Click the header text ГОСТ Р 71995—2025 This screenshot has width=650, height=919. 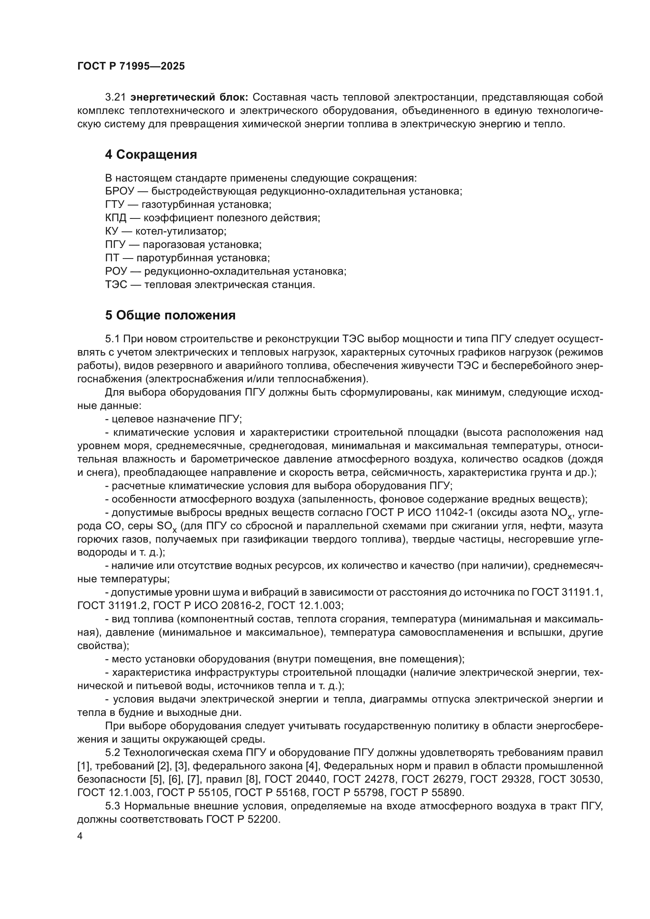[x=131, y=66]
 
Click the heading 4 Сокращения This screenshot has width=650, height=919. [x=151, y=154]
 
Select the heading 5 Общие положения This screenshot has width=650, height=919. [x=170, y=316]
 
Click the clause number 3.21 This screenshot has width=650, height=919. [x=116, y=97]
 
